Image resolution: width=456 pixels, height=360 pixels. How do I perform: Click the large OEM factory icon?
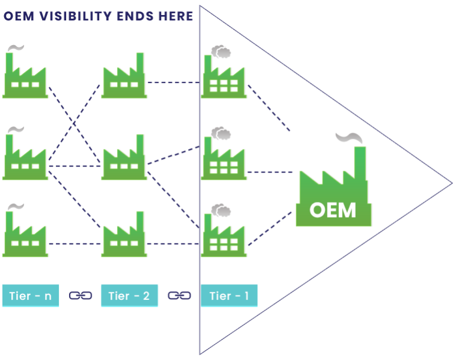click(x=333, y=192)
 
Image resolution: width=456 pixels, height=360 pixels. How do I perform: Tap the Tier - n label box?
click(x=31, y=296)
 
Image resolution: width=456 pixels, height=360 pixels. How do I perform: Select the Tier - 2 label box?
click(x=129, y=296)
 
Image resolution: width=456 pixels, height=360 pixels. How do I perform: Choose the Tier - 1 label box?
click(x=229, y=296)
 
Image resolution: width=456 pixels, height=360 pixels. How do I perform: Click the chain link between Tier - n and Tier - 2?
click(x=81, y=296)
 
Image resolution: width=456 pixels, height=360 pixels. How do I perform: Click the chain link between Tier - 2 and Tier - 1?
click(x=179, y=296)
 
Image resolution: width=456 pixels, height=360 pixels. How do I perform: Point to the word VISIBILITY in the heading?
click(x=76, y=16)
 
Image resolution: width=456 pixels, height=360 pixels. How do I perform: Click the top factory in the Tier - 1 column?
click(x=223, y=78)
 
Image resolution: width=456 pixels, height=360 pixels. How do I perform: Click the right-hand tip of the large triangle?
click(x=451, y=182)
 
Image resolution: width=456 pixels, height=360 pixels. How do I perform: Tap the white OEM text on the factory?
click(x=333, y=211)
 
